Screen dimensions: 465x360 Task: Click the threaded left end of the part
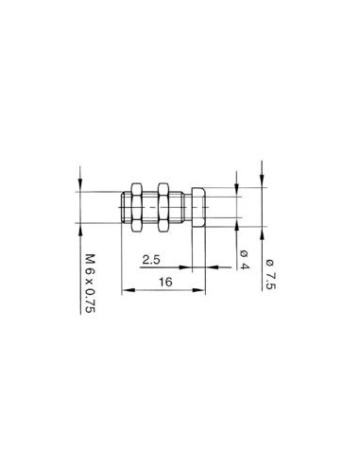(x=126, y=207)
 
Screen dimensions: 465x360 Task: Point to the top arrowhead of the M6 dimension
(x=79, y=187)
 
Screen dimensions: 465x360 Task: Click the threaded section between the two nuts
(x=150, y=207)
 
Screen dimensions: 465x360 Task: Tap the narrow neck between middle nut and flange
(x=180, y=207)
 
